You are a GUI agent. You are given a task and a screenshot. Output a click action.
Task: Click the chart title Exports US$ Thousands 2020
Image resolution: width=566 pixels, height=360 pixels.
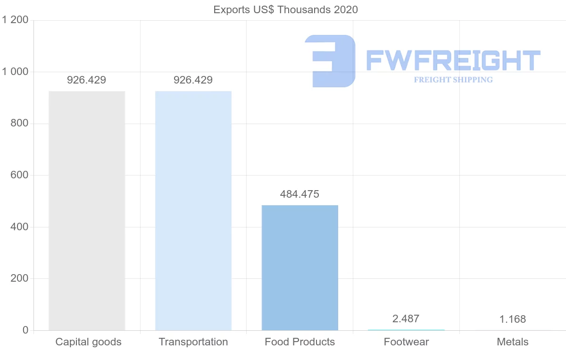285,9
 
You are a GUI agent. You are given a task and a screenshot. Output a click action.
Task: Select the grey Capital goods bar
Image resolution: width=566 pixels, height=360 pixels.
87,210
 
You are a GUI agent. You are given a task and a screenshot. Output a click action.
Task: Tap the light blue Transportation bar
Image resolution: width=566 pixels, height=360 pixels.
193,210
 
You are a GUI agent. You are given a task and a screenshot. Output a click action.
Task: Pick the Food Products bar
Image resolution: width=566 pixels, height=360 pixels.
300,268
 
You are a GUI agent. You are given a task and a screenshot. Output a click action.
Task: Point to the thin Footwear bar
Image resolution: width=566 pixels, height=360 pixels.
406,330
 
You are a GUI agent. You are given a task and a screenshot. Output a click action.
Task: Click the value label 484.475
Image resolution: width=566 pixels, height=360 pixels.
300,194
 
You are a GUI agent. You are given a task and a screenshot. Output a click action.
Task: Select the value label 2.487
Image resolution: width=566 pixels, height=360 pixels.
406,319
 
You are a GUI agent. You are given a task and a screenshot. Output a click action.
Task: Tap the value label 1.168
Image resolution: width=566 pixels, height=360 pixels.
513,319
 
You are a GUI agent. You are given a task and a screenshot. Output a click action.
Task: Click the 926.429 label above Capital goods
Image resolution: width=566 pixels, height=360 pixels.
86,80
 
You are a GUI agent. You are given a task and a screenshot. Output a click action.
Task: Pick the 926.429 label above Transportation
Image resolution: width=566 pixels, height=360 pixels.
193,80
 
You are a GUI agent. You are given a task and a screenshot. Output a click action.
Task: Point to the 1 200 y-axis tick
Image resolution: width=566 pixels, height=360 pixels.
16,20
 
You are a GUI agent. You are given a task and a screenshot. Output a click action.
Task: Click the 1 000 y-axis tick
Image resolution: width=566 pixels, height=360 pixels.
16,72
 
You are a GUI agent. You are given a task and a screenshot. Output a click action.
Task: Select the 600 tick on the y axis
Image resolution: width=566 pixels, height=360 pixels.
19,175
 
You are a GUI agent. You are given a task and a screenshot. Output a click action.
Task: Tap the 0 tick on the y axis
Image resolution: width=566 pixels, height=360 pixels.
25,330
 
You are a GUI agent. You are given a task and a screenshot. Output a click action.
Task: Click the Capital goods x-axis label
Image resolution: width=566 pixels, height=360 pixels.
88,342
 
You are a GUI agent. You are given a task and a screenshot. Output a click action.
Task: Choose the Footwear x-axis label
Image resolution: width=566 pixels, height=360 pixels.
406,342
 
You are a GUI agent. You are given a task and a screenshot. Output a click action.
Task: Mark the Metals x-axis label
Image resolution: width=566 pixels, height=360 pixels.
513,342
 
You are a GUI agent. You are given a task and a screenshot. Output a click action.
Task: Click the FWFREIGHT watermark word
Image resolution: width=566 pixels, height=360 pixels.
453,60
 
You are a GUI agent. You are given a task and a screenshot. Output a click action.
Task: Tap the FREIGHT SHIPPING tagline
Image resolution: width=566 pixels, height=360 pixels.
453,80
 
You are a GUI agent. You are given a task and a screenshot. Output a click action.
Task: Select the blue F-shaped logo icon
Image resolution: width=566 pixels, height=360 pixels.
330,61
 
